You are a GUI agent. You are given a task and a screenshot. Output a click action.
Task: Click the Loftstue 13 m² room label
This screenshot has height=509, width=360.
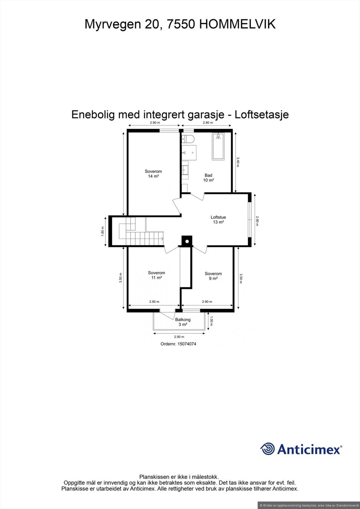[x=218, y=220]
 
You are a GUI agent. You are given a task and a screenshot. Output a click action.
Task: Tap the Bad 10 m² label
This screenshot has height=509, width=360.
[x=208, y=178]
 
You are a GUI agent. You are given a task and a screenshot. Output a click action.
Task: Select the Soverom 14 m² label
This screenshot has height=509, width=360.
[x=153, y=174]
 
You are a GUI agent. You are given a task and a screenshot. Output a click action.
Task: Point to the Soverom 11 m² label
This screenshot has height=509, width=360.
[x=156, y=275]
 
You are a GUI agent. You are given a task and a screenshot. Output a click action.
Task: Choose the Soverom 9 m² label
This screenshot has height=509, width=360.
[x=213, y=276]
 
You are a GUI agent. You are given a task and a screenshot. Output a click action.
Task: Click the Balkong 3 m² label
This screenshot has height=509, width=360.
[x=183, y=322]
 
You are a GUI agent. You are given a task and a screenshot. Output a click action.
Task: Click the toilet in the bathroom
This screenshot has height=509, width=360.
[x=187, y=139]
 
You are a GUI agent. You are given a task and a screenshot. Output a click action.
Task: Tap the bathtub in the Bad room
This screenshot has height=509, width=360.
[x=218, y=146]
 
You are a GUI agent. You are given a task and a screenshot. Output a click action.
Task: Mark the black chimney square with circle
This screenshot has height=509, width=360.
[x=187, y=241]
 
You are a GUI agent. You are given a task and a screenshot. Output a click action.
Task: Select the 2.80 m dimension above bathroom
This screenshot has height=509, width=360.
[x=207, y=123]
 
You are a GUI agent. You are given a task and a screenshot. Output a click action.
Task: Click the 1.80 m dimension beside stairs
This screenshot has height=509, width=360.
[x=103, y=231]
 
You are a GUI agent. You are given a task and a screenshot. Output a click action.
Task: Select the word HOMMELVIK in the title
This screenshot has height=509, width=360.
[x=237, y=25]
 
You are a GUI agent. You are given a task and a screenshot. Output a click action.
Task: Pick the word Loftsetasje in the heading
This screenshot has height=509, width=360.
[x=262, y=115]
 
